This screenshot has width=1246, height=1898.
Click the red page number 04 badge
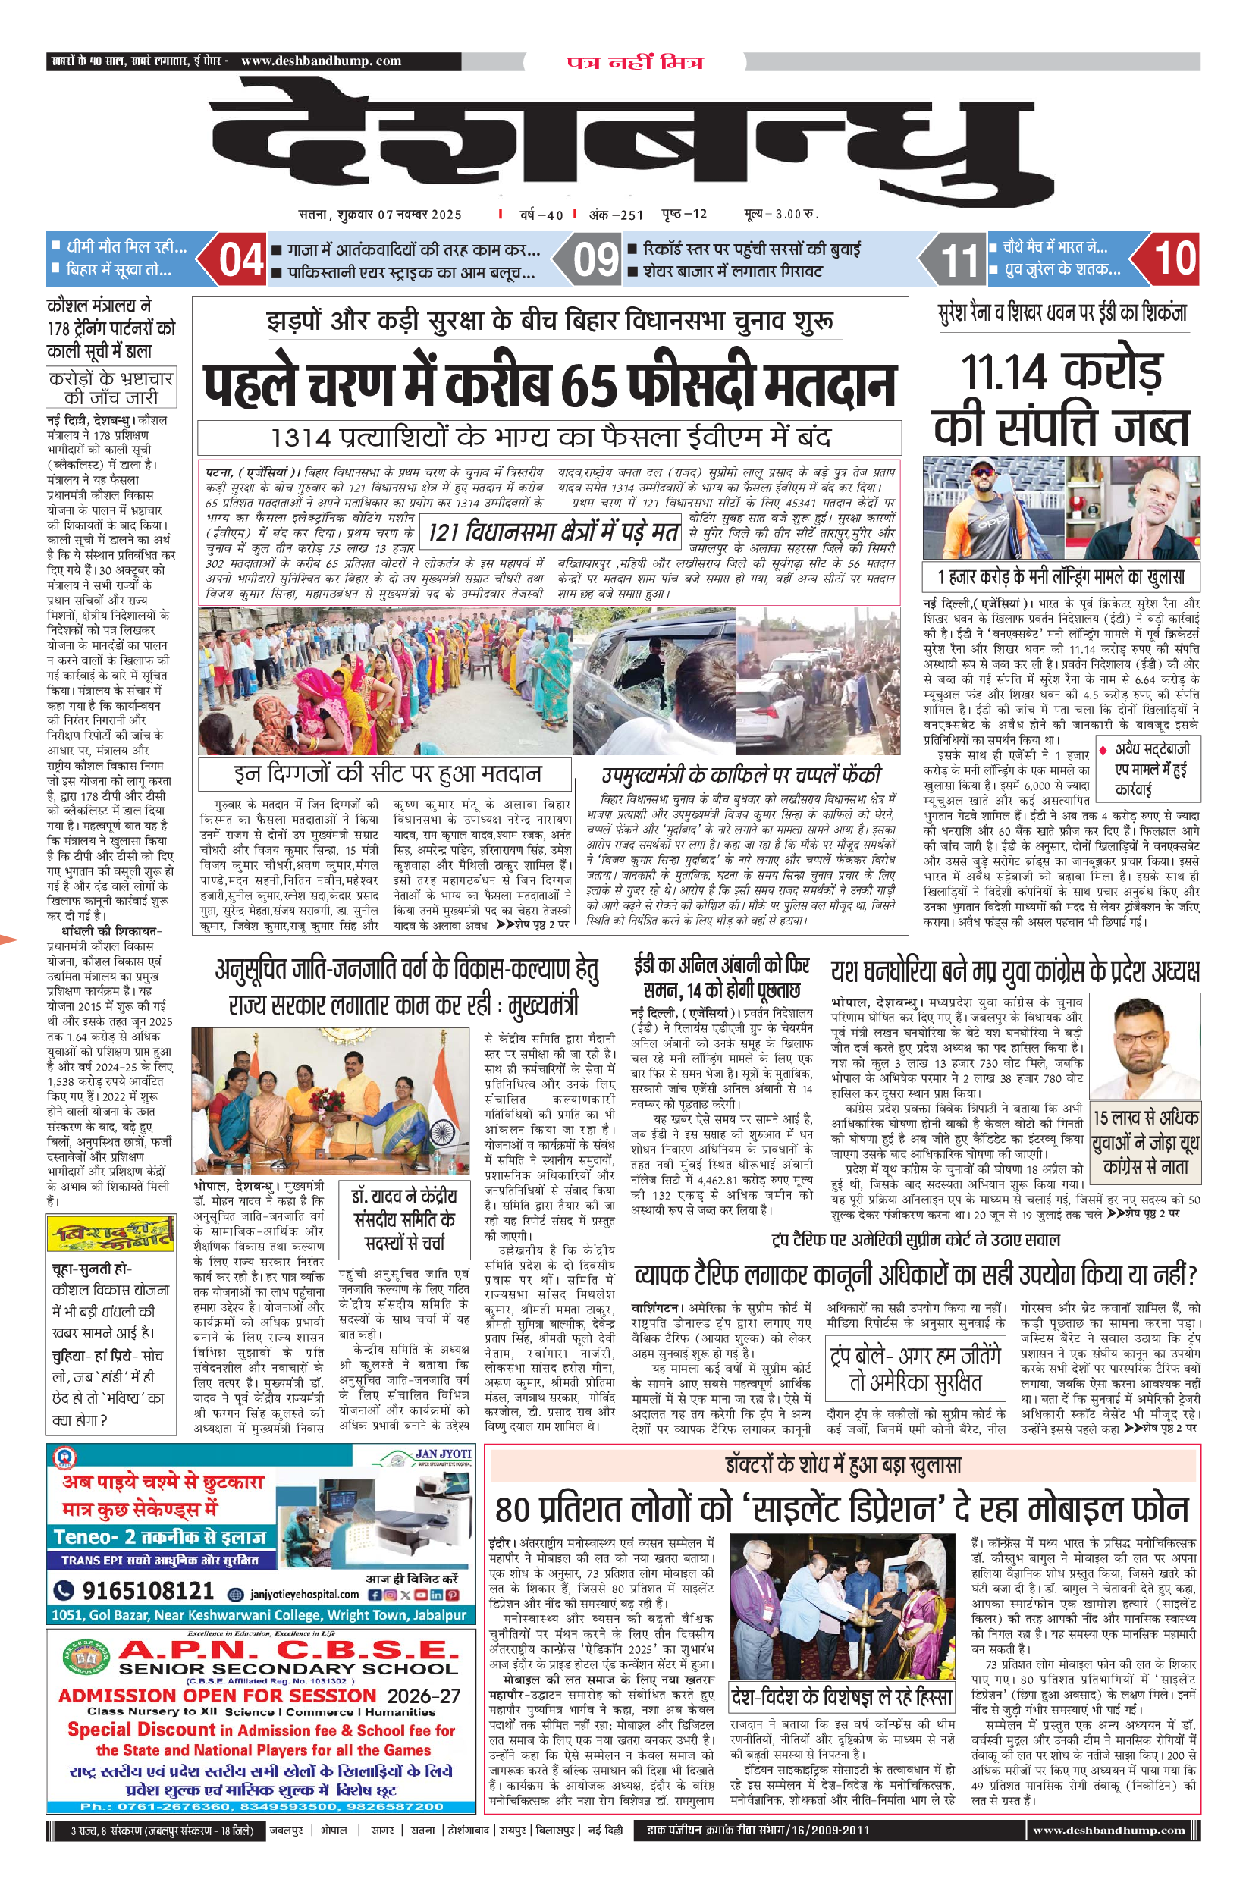click(241, 259)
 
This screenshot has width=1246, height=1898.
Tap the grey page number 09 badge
click(596, 259)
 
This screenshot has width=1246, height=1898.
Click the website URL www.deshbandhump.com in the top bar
click(321, 61)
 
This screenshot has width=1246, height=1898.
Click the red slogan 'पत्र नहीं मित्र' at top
click(635, 62)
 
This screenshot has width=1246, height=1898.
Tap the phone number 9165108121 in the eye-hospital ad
click(148, 1590)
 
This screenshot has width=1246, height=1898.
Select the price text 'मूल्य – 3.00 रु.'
click(781, 215)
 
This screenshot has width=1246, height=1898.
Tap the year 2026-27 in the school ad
click(424, 1695)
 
